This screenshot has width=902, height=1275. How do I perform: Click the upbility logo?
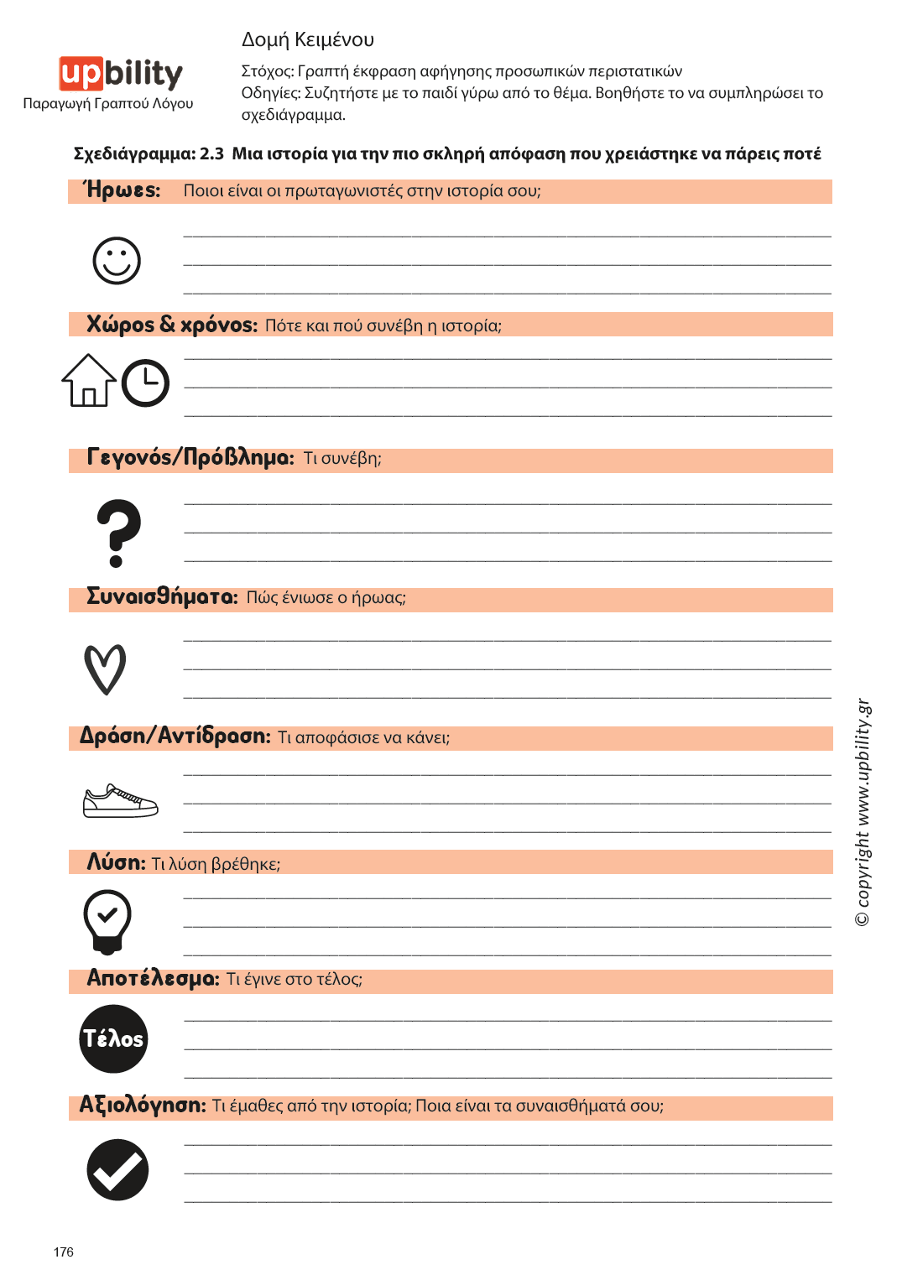tap(120, 74)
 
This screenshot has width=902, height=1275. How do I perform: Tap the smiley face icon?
tap(117, 260)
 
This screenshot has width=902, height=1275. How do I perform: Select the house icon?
tap(88, 381)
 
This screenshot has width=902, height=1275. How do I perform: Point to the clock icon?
tap(145, 383)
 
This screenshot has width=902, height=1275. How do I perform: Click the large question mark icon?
tap(118, 533)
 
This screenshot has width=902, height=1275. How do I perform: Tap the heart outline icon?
tap(105, 669)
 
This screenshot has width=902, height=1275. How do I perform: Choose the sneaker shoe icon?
tap(120, 801)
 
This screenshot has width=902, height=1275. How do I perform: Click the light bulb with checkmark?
tap(107, 921)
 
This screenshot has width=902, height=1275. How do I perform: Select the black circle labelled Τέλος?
tap(113, 1038)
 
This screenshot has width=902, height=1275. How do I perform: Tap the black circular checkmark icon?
tap(117, 1169)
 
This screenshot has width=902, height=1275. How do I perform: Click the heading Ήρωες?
tap(123, 190)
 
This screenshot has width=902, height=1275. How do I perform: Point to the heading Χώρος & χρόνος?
tap(172, 325)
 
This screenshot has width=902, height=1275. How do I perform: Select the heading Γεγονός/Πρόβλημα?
tap(190, 458)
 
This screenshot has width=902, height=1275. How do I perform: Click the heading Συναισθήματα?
tap(163, 597)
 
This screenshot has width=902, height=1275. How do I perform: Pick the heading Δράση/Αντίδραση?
tap(175, 736)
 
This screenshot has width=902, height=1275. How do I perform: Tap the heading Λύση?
tap(117, 862)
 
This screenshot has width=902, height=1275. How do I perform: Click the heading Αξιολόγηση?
tap(143, 1106)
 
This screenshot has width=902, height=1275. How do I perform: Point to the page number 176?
tap(64, 1252)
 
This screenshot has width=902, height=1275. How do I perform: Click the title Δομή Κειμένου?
tap(308, 39)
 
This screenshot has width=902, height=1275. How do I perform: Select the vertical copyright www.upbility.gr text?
tap(863, 812)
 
